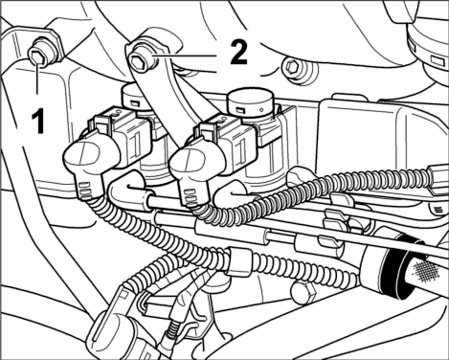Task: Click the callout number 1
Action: (x=38, y=121)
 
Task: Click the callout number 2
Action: (x=239, y=53)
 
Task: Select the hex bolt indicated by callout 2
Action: (x=140, y=60)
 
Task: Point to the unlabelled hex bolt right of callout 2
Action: (x=292, y=67)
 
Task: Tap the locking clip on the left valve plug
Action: (x=101, y=122)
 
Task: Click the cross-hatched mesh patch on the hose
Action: (x=425, y=271)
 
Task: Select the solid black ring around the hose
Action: (x=393, y=269)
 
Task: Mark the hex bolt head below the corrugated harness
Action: (x=303, y=292)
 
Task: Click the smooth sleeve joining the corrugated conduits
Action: (x=238, y=261)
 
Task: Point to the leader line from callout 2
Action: (x=185, y=56)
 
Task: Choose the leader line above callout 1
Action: (x=38, y=76)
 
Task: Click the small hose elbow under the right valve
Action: (x=235, y=192)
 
